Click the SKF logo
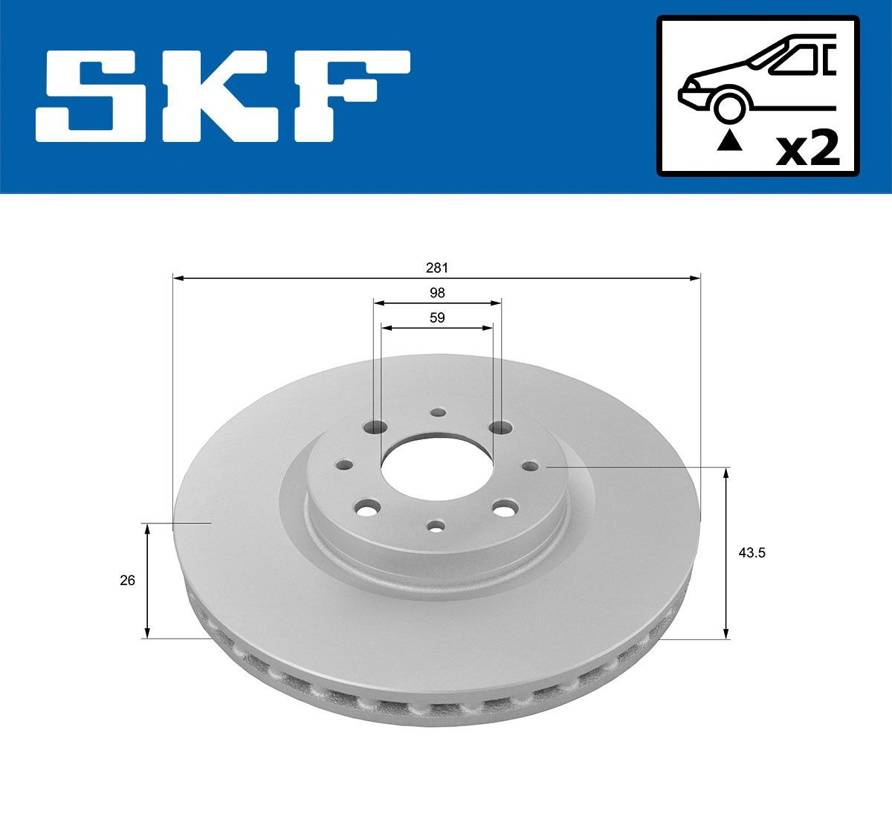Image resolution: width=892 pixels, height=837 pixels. tap(223, 96)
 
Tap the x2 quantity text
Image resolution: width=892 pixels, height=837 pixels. tap(807, 149)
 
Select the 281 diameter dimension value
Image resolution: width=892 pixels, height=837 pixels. tap(437, 267)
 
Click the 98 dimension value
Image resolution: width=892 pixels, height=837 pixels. tap(437, 293)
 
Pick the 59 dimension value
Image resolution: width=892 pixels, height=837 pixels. tap(437, 317)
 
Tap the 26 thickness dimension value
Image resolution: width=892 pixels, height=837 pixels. tap(127, 580)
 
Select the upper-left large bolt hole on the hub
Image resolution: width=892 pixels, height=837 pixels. tap(378, 429)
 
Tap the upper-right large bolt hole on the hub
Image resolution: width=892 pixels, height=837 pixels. tap(502, 428)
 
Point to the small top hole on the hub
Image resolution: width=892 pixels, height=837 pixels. tap(438, 412)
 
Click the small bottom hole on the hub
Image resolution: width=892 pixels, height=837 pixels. tap(436, 526)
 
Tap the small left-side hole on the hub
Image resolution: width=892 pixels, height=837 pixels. tap(343, 465)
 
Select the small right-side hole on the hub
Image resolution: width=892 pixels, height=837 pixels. tap(530, 466)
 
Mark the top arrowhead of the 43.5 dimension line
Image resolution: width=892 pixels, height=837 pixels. tap(727, 472)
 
